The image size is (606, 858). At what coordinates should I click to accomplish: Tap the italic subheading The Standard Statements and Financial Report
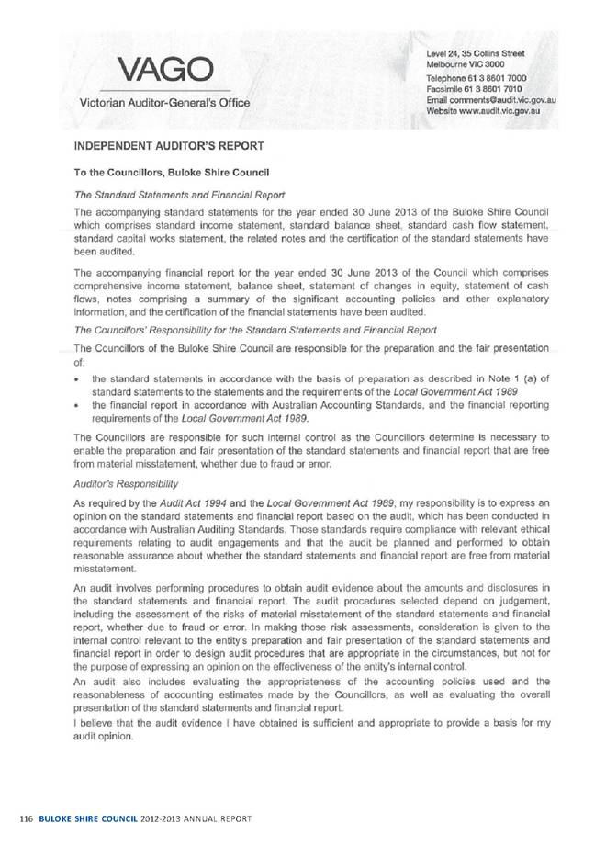pyautogui.click(x=172, y=193)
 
